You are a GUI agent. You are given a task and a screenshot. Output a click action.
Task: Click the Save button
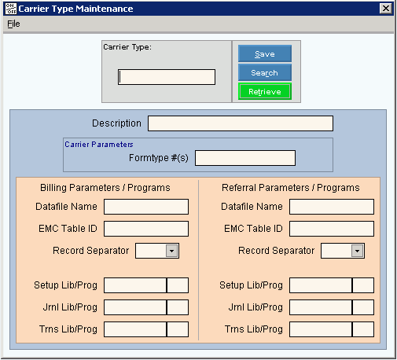point(265,53)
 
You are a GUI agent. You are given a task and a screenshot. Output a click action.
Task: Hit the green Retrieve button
point(265,91)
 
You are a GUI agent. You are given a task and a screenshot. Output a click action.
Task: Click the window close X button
point(386,9)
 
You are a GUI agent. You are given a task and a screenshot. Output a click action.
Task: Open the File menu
point(13,24)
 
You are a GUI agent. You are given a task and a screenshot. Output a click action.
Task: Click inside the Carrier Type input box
point(167,77)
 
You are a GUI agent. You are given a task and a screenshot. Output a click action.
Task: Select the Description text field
point(241,123)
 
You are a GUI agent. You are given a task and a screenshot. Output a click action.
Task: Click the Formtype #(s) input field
point(245,158)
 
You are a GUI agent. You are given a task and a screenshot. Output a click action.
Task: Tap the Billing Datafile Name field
point(146,207)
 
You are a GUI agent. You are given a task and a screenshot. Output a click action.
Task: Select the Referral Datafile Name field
point(332,207)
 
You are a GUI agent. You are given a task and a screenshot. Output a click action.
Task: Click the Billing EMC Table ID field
point(146,229)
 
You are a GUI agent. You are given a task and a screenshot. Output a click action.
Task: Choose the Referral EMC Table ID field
point(332,229)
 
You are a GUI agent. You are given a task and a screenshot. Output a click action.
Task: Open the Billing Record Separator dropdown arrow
point(172,251)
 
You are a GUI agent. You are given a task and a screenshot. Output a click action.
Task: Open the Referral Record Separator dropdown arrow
point(357,251)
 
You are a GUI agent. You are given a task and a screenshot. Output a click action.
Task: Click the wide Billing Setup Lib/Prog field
point(135,285)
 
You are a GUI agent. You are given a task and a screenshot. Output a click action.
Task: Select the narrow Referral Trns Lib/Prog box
point(363,329)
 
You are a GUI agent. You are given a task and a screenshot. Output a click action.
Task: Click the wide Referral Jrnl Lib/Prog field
point(321,307)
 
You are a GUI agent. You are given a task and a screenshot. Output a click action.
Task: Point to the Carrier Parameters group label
point(99,145)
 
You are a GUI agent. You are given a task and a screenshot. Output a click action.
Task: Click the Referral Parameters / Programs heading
point(291,188)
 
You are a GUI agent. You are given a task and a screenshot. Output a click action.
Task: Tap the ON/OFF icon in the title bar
point(11,9)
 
